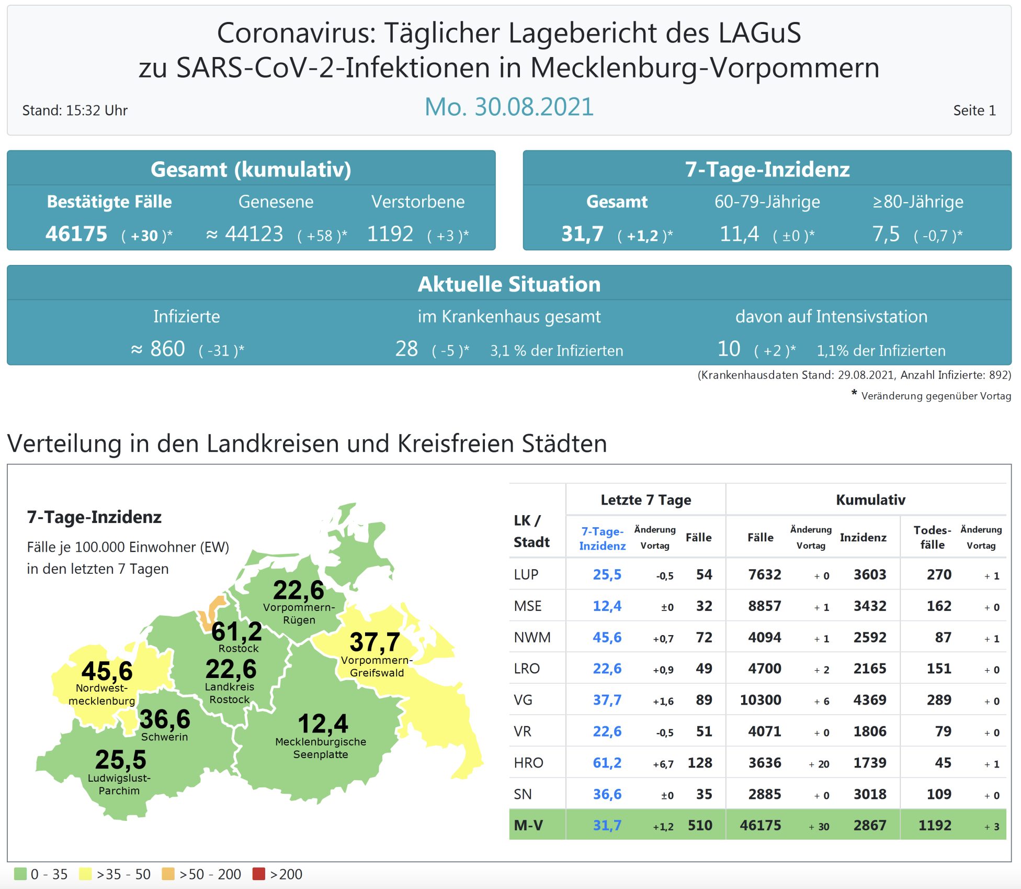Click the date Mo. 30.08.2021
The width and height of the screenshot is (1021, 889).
508,107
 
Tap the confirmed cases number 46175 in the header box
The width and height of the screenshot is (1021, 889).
76,234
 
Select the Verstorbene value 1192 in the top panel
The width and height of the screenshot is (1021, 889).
390,234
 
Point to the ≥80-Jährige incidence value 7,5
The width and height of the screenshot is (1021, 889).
886,234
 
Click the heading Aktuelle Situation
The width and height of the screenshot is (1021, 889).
509,284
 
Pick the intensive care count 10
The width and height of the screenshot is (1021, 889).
729,349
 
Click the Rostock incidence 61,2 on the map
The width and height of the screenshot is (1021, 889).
236,632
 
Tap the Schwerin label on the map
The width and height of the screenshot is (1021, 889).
164,737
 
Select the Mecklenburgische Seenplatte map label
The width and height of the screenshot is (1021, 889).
321,748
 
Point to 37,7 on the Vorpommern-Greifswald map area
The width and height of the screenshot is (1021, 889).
375,642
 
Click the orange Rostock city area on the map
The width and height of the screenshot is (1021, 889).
214,610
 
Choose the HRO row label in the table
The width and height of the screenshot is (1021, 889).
528,763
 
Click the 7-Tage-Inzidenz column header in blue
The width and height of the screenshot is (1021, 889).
602,538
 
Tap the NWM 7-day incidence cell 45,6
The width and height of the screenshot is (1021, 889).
607,638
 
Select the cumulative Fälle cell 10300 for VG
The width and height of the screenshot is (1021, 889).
760,700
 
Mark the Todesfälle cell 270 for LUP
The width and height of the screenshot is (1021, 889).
939,575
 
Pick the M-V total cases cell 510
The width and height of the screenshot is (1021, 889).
700,826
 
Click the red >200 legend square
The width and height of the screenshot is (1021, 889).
258,874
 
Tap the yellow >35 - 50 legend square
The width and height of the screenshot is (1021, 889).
85,874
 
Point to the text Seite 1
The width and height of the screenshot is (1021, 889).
974,110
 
